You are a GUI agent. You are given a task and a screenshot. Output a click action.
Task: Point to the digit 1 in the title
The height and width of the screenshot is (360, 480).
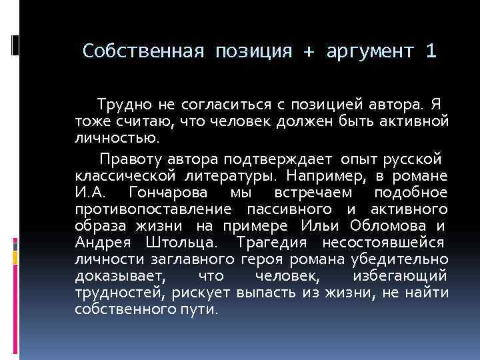pos(429,51)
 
